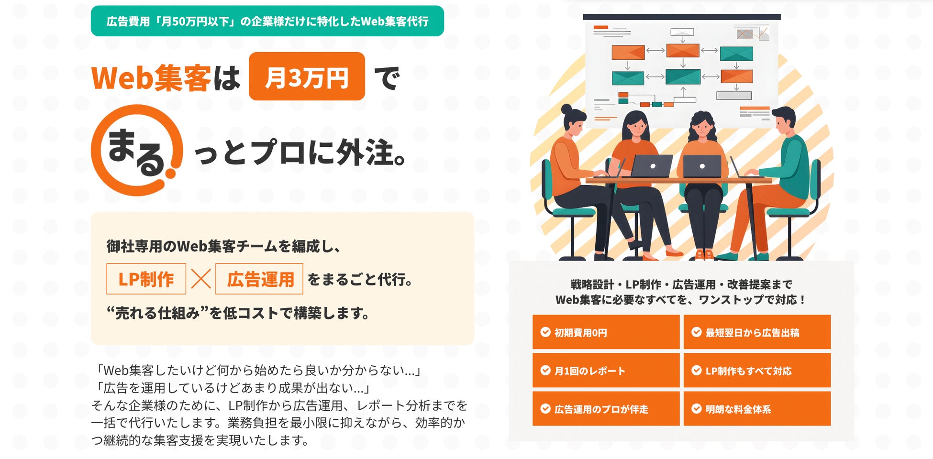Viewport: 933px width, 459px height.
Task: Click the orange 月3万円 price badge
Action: coord(307,76)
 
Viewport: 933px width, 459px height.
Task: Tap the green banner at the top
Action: coord(267,21)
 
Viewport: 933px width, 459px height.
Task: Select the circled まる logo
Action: coord(137,150)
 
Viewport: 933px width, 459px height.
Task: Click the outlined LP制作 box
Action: coord(146,279)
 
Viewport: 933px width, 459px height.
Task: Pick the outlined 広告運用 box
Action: coord(259,279)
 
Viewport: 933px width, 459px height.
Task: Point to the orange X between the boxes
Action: coord(201,279)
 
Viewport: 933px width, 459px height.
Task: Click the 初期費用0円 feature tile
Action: coord(606,332)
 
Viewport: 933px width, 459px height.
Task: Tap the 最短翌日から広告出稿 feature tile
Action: coord(757,332)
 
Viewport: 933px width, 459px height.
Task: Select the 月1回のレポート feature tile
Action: coord(606,371)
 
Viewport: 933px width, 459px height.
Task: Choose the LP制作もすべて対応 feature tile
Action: coord(757,371)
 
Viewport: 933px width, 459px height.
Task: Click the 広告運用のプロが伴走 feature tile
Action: coord(606,409)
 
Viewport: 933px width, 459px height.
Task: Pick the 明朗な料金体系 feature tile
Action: coord(757,409)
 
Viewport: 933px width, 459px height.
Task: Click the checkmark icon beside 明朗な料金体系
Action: coord(697,409)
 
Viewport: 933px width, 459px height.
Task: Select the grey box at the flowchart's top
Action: coord(682,32)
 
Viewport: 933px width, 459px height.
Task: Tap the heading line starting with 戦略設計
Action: coord(681,284)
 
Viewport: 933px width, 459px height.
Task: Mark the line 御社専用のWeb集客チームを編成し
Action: coord(223,246)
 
